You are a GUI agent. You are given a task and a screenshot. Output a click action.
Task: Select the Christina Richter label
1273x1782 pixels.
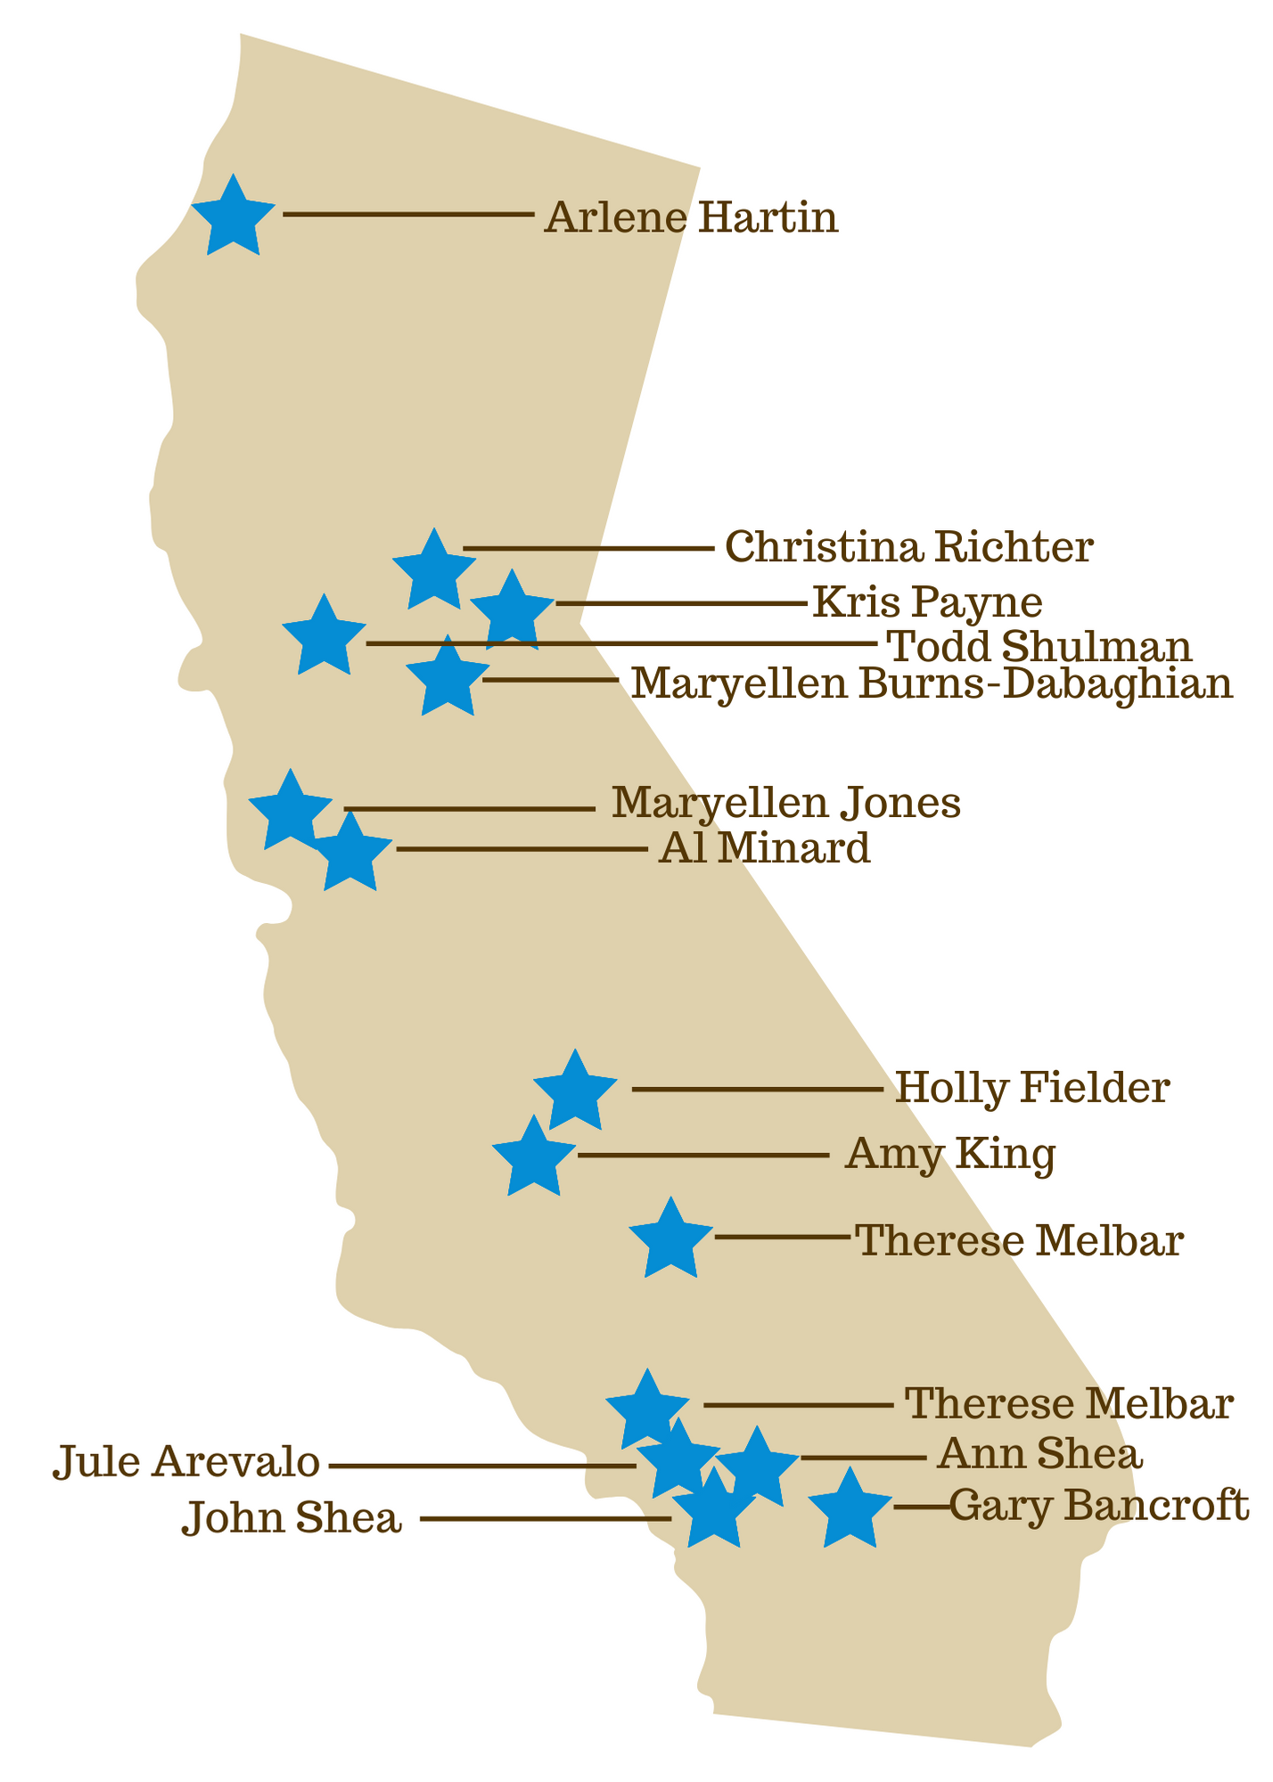click(x=908, y=547)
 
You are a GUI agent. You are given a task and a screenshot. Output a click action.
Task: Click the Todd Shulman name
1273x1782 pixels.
click(x=1040, y=647)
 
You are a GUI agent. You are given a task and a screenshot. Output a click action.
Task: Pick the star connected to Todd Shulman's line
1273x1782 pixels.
click(x=324, y=637)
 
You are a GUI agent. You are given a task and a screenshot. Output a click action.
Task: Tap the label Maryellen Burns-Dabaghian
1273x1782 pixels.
click(x=932, y=685)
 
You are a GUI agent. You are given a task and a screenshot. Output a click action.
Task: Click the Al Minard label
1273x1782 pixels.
click(x=764, y=849)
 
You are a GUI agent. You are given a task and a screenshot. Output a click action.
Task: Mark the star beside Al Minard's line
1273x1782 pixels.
click(x=351, y=854)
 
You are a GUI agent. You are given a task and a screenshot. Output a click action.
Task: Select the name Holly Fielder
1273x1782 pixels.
click(x=1031, y=1088)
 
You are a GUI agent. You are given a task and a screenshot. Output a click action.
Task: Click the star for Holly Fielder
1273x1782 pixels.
click(x=576, y=1091)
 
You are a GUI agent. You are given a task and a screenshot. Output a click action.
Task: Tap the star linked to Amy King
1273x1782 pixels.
click(x=533, y=1157)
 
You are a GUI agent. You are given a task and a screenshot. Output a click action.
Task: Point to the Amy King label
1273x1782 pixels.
click(x=950, y=1155)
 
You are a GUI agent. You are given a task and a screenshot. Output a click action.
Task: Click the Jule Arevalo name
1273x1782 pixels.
click(x=186, y=1463)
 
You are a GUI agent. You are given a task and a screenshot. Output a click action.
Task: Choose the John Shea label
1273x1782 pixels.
click(x=292, y=1518)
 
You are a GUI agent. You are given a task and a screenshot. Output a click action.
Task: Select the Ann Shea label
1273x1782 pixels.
click(x=1039, y=1455)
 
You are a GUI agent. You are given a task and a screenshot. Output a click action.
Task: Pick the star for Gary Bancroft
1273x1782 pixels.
click(x=850, y=1509)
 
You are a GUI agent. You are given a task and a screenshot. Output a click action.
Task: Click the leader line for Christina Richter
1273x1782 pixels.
click(x=588, y=548)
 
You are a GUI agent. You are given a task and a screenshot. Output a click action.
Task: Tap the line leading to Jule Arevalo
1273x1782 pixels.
click(x=481, y=1465)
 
